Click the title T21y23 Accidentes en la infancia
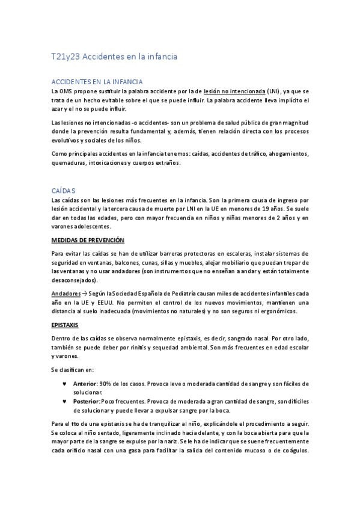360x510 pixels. [114, 57]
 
